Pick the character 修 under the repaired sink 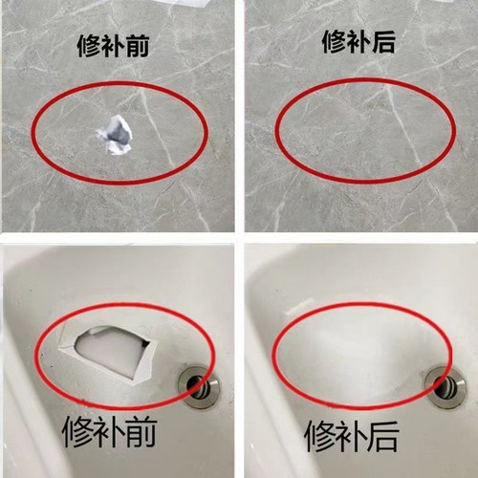(x=323, y=435)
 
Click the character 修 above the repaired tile (x=332, y=42)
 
